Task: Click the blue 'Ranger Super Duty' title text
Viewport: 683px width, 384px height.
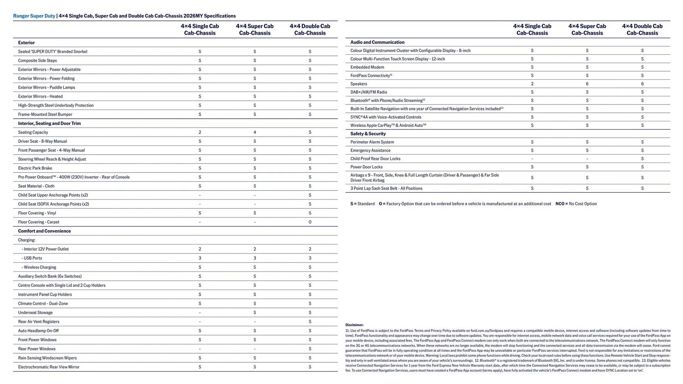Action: pyautogui.click(x=34, y=16)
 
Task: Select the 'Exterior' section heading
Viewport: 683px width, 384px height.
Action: pyautogui.click(x=26, y=42)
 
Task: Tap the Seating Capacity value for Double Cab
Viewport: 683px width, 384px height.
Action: pyautogui.click(x=310, y=132)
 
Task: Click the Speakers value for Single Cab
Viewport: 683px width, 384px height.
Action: pyautogui.click(x=532, y=84)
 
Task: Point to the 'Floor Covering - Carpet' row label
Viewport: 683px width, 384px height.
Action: pyautogui.click(x=38, y=222)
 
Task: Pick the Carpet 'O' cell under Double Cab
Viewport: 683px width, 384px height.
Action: pyautogui.click(x=310, y=222)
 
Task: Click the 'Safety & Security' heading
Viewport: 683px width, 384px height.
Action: pyautogui.click(x=368, y=134)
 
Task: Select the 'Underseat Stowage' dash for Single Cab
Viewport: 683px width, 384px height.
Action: pyautogui.click(x=200, y=313)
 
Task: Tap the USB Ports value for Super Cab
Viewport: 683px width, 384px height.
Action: pyautogui.click(x=255, y=258)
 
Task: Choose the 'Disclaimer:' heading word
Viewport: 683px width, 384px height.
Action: pyautogui.click(x=354, y=325)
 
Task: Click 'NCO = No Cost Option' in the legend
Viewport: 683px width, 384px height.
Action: pyautogui.click(x=576, y=204)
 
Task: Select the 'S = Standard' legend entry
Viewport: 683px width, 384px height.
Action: pyautogui.click(x=362, y=204)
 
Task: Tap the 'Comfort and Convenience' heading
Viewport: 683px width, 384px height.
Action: pyautogui.click(x=44, y=231)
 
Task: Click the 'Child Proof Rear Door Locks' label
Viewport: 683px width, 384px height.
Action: pyautogui.click(x=375, y=159)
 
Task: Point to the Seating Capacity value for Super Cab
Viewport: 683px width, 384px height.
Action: pyautogui.click(x=255, y=132)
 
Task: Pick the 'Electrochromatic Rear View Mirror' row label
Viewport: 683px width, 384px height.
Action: pyautogui.click(x=49, y=367)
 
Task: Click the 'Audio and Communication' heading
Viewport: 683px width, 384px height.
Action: pyautogui.click(x=377, y=42)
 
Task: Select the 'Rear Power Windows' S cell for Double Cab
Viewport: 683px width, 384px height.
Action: pyautogui.click(x=310, y=349)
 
